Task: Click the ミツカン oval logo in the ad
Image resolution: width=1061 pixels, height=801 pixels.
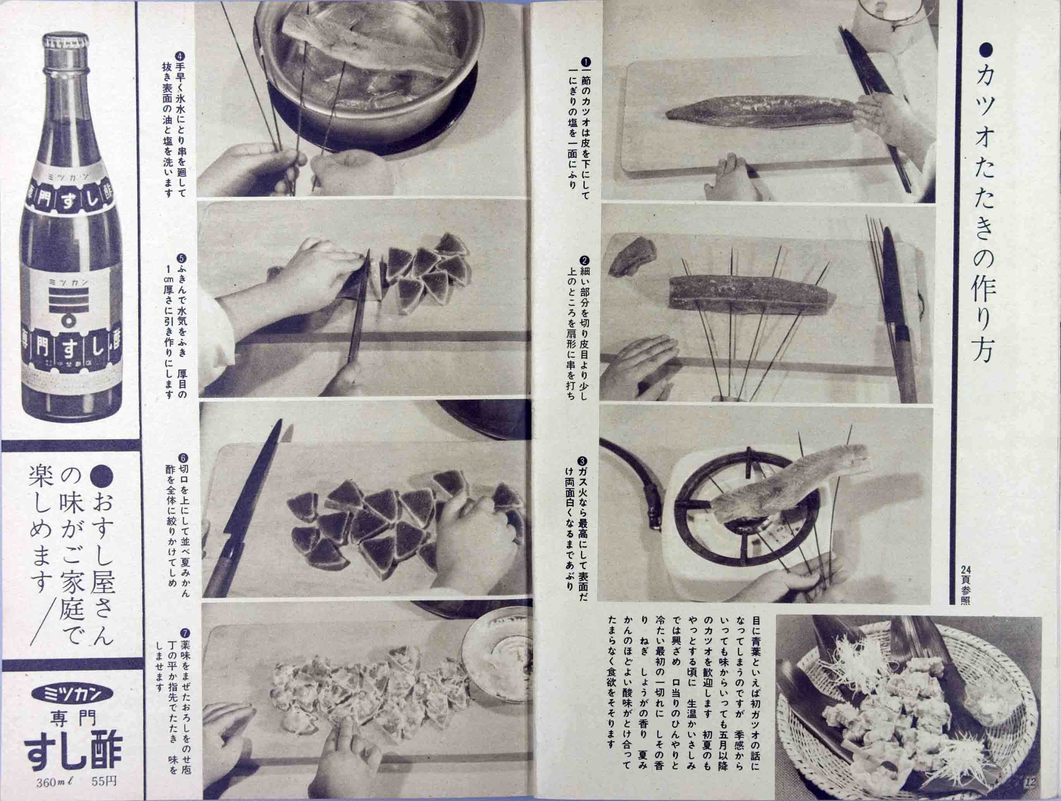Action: [x=72, y=693]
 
